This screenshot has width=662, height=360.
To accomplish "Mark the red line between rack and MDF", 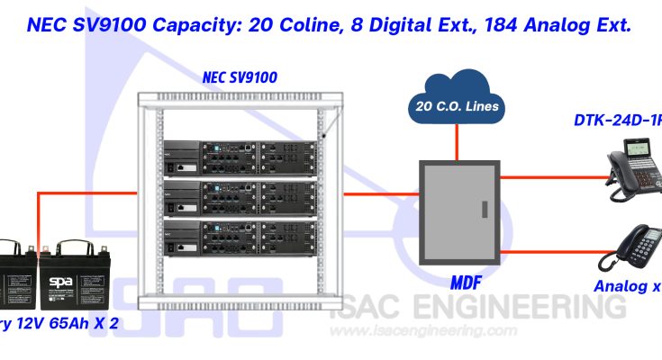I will point(377,193).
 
